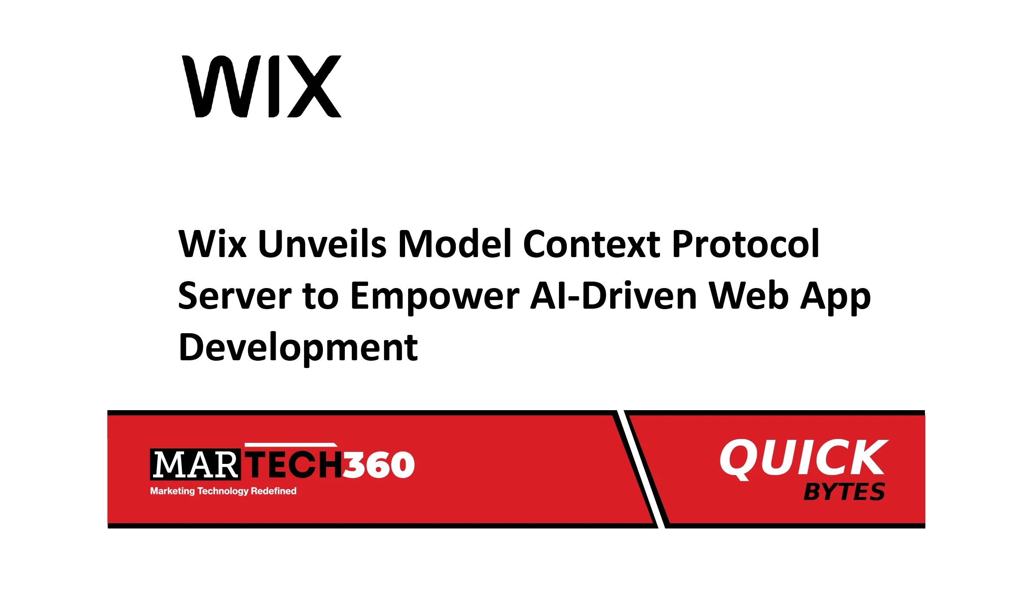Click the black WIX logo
262,86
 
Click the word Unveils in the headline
322,244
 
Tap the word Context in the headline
592,244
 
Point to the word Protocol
746,244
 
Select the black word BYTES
845,492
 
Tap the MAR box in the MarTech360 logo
195,464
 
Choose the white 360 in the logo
378,465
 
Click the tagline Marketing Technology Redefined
223,491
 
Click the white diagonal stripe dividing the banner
641,469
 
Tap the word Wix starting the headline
212,244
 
